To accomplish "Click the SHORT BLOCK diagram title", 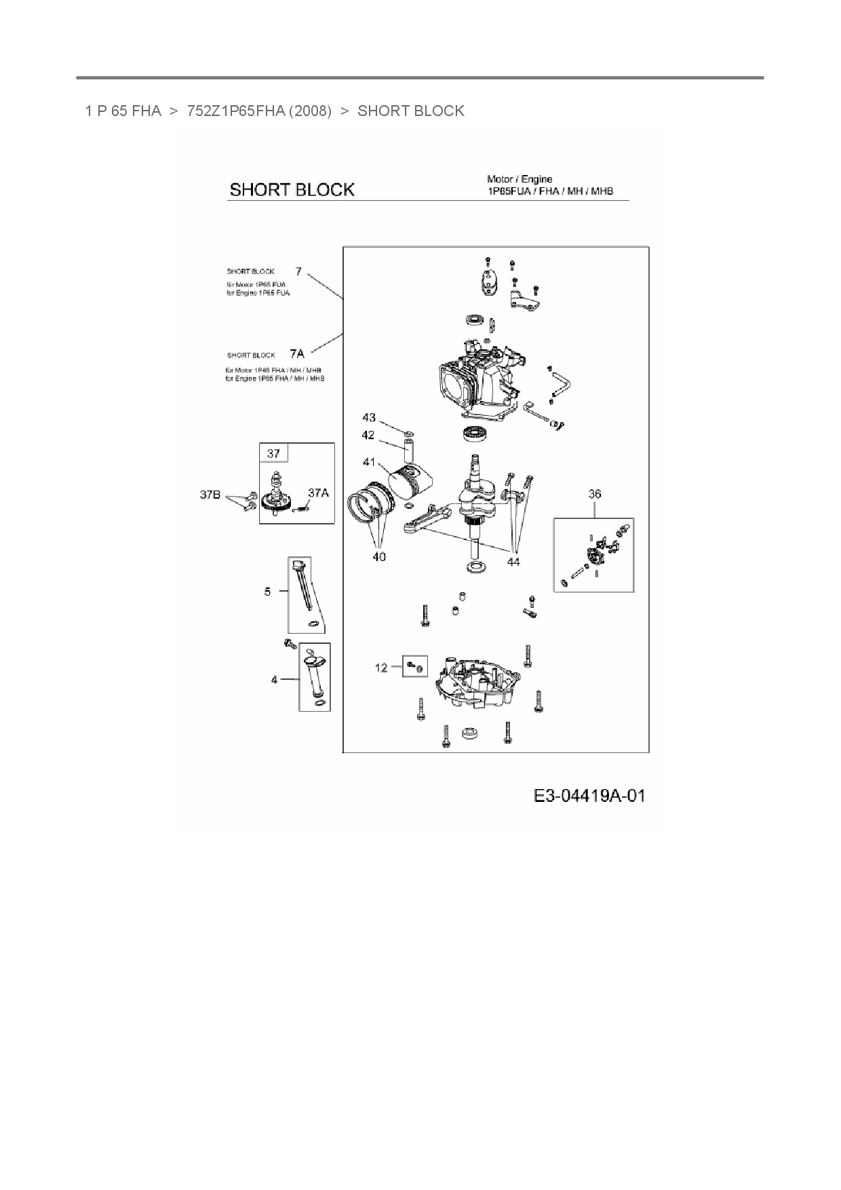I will click(292, 189).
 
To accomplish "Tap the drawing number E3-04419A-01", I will click(589, 795).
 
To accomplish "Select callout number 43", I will click(368, 417).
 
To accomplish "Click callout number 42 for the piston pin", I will click(368, 435).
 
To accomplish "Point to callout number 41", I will click(369, 462).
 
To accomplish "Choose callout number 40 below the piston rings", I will click(378, 556).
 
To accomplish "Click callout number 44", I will click(513, 562).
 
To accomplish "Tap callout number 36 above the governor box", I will click(594, 494).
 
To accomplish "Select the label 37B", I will click(210, 495).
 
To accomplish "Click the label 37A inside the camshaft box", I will click(318, 493).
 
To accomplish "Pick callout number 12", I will click(381, 668).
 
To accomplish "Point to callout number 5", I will click(267, 592).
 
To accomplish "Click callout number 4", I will click(274, 679).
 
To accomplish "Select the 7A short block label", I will click(297, 353).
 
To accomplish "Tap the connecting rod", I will click(431, 518).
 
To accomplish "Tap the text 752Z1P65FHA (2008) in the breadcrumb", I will click(259, 111).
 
